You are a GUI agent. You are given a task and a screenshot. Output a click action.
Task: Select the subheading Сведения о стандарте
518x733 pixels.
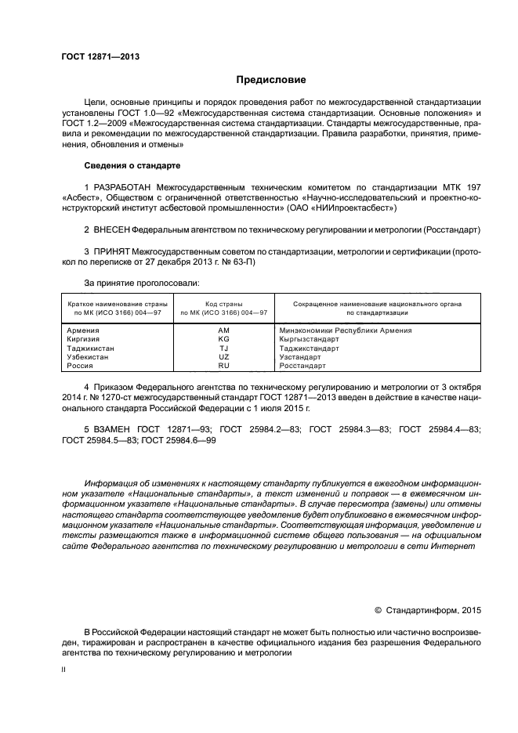[132, 166]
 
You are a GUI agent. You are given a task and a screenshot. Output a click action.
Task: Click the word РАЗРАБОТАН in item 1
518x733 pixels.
[121, 189]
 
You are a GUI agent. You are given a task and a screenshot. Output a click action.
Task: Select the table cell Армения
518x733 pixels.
[84, 331]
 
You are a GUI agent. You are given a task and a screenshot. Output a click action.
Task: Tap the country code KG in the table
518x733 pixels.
[223, 340]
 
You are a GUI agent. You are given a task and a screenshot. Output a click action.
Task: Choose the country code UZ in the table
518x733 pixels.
[223, 357]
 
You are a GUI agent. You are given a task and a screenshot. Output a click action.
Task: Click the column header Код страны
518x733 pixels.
[223, 303]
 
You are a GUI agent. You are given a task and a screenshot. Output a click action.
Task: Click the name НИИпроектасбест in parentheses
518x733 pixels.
[353, 209]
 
